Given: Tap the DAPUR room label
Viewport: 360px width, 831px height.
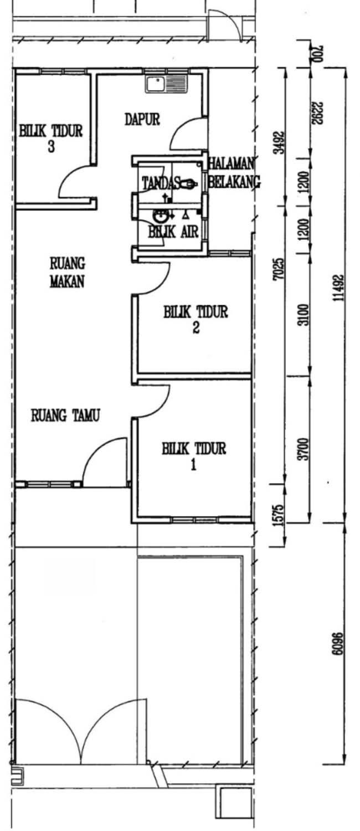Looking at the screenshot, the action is point(142,120).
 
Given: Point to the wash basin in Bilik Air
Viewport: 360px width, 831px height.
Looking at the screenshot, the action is point(160,215).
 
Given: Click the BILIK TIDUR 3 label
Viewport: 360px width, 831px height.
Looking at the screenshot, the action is point(51,138).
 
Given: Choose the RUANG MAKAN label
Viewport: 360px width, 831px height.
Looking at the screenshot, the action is point(67,273).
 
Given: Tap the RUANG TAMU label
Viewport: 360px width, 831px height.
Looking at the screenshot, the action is point(65,416).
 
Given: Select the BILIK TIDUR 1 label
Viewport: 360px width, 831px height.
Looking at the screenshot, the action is point(194,456).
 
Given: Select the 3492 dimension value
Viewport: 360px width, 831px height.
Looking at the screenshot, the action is point(281,142).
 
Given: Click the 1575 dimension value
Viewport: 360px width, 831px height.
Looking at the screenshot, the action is point(279,515).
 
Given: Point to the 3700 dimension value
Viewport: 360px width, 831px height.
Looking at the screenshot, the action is point(304,449).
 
